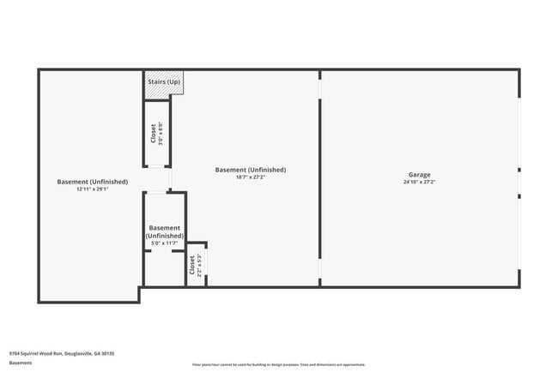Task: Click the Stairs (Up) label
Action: (x=163, y=81)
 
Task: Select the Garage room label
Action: (x=419, y=175)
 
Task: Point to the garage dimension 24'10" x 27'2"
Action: (x=419, y=182)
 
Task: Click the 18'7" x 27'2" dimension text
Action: (x=250, y=177)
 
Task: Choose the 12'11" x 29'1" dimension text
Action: (x=92, y=189)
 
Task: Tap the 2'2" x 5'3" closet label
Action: (x=196, y=265)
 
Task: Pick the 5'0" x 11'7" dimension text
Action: (x=164, y=243)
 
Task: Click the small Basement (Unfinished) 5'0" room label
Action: (x=164, y=231)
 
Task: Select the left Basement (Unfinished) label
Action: (x=92, y=181)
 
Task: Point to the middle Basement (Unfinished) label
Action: (x=250, y=170)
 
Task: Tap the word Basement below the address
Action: (x=21, y=363)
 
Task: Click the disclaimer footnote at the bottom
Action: (x=279, y=364)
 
